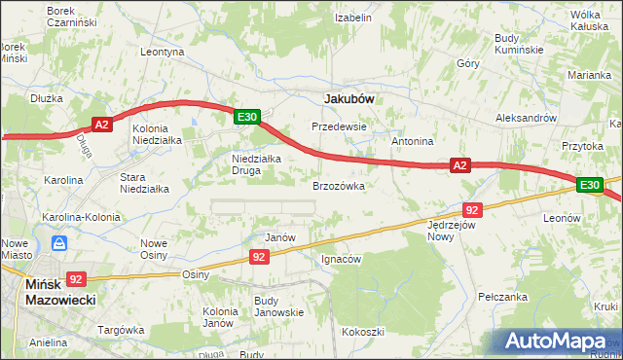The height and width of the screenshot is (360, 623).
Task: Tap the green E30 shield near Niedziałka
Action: coord(248,117)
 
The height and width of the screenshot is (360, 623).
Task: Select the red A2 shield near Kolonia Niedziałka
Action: coord(104,124)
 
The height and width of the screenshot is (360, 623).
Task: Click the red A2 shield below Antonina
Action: coord(461,166)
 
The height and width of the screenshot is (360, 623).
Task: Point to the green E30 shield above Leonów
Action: coord(589,184)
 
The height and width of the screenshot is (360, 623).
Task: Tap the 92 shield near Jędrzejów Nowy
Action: coord(472,209)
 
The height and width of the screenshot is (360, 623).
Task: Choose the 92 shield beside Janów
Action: coord(258,257)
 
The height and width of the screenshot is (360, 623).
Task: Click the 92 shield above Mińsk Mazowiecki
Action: coord(77,277)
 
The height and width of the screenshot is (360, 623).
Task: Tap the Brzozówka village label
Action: coord(338,185)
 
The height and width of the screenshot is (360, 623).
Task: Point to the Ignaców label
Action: coord(341,260)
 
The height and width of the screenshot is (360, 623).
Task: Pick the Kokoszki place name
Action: coord(361,332)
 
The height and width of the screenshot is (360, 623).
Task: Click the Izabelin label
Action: coord(353,18)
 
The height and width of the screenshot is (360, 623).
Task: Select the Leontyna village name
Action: coord(163,52)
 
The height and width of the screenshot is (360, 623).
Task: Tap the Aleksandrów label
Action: coord(525,117)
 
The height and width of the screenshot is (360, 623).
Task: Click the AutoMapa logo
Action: coord(557,341)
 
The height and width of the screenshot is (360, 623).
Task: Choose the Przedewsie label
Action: coord(338,126)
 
